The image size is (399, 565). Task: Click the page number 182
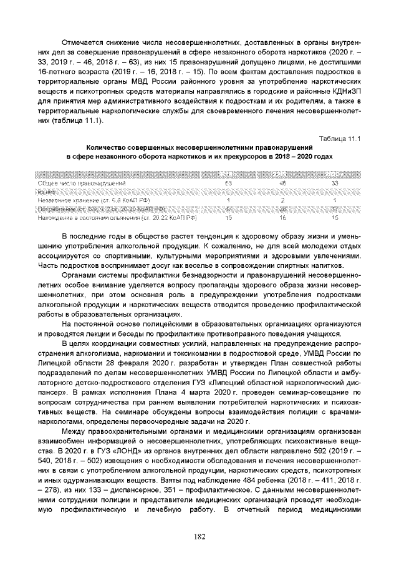click(199, 536)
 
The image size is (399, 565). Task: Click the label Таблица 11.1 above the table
click(340, 139)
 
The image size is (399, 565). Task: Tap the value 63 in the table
click(228, 183)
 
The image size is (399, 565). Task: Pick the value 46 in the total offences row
click(282, 183)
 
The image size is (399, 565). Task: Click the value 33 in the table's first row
click(335, 183)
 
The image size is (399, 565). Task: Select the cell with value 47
click(228, 209)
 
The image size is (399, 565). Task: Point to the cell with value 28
click(282, 209)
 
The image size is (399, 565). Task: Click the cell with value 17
click(335, 209)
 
